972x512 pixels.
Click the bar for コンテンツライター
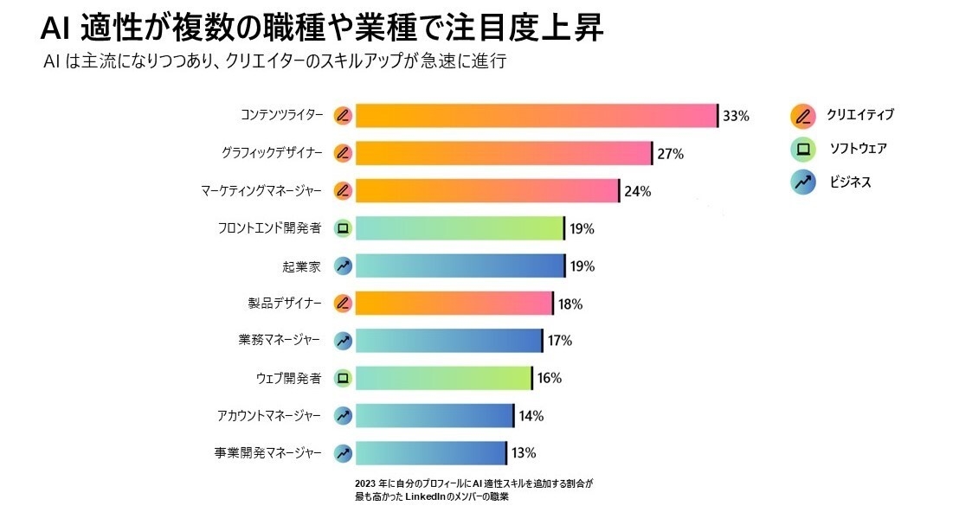(537, 115)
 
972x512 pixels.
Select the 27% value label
(671, 154)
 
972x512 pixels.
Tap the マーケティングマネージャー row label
(261, 191)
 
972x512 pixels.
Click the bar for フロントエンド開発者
(460, 228)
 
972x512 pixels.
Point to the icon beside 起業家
(343, 266)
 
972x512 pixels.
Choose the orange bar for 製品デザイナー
(454, 304)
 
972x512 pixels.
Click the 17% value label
(560, 341)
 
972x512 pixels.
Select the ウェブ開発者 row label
(289, 378)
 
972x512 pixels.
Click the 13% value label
(524, 453)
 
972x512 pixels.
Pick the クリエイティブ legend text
(859, 114)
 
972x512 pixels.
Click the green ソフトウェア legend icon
(802, 149)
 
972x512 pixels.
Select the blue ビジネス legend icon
(802, 182)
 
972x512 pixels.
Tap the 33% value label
(736, 116)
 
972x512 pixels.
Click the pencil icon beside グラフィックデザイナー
(343, 153)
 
